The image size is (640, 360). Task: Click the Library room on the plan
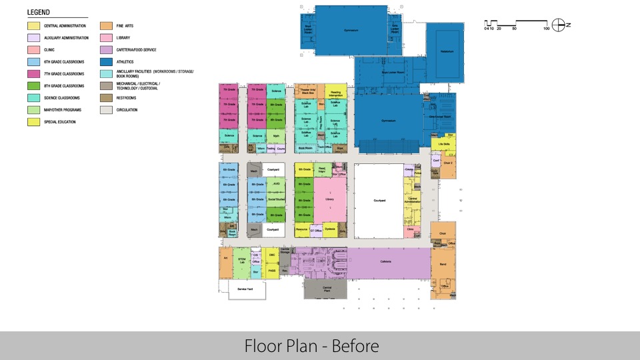point(329,199)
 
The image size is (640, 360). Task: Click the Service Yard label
point(245,289)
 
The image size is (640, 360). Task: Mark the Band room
point(443,265)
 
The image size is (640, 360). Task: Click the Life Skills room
point(443,143)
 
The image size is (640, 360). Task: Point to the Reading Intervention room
point(335,93)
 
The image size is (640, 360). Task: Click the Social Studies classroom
point(276,199)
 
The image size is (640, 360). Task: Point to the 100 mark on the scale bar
point(546,29)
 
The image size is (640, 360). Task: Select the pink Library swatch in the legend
point(106,38)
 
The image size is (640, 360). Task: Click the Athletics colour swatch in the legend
point(106,62)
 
